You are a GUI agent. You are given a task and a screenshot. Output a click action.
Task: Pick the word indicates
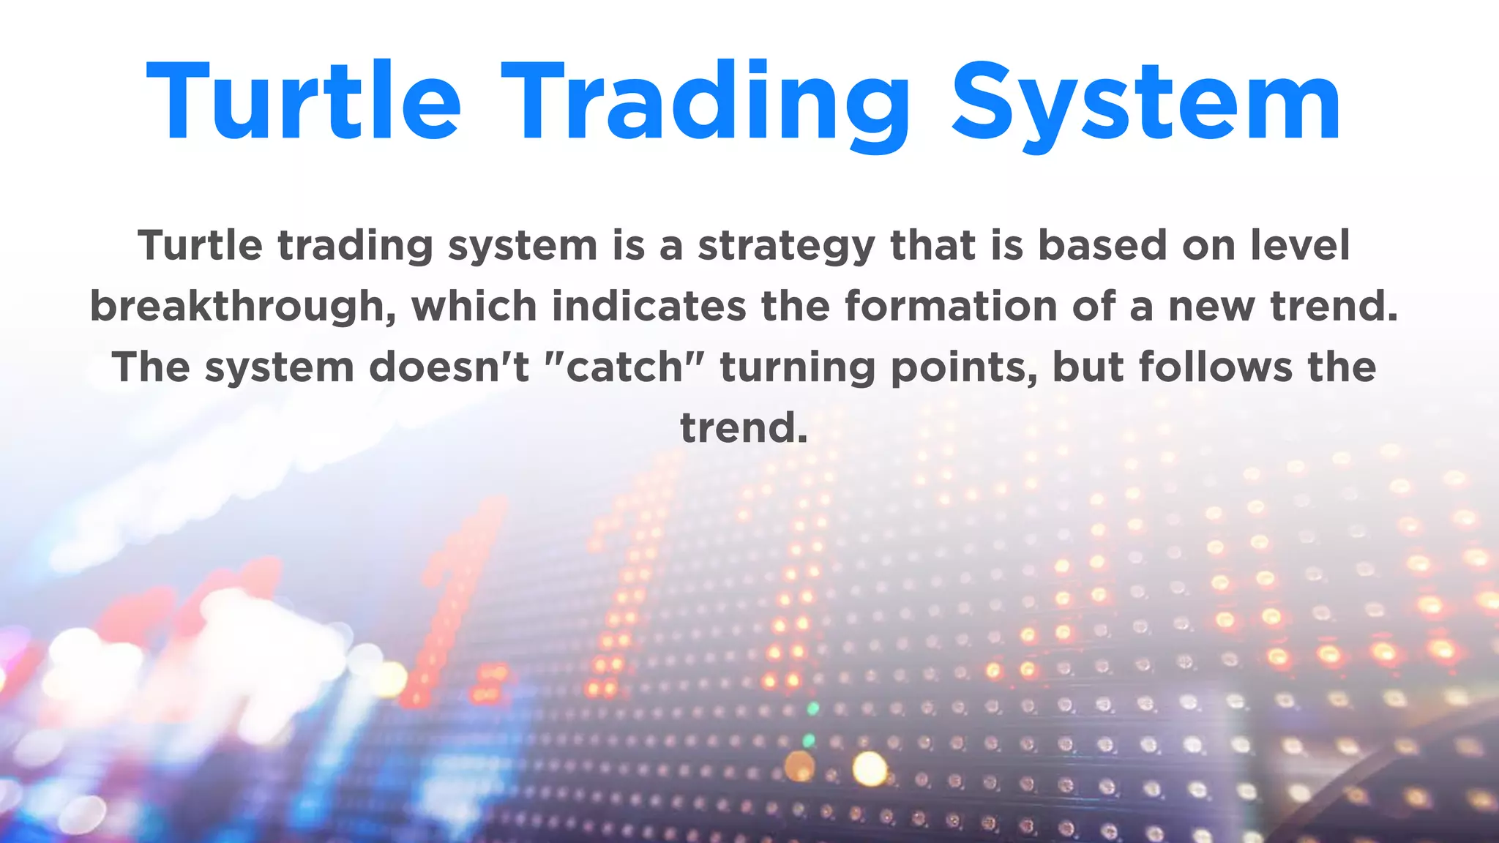pyautogui.click(x=648, y=306)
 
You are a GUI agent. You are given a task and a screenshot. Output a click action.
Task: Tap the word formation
pyautogui.click(x=951, y=306)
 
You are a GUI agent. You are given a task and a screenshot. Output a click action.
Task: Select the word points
pyautogui.click(x=963, y=368)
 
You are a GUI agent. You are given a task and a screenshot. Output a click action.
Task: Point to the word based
pyautogui.click(x=1102, y=245)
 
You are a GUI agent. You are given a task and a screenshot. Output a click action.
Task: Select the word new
pyautogui.click(x=1211, y=307)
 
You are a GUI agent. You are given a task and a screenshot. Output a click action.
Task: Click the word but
pyautogui.click(x=1088, y=367)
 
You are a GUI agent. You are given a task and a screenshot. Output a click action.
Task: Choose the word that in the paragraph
pyautogui.click(x=933, y=245)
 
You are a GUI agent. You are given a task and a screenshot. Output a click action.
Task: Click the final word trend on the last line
pyautogui.click(x=742, y=428)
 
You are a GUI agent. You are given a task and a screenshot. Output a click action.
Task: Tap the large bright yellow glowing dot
pyautogui.click(x=870, y=768)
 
